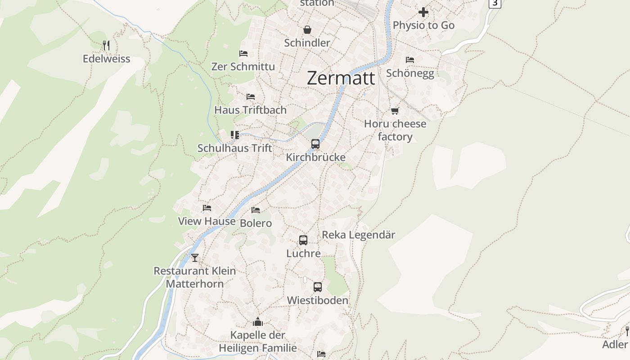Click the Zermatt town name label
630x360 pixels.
(341, 78)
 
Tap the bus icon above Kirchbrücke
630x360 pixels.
(315, 144)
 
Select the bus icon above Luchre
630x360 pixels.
(303, 240)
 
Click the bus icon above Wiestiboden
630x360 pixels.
(318, 287)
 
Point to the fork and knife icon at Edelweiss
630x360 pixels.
(106, 45)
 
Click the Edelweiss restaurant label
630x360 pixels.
(107, 58)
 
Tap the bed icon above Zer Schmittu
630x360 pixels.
(243, 54)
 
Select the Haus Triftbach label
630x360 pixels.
(250, 110)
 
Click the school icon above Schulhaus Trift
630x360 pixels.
(234, 135)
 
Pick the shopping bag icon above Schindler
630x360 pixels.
(307, 30)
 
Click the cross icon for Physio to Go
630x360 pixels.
(423, 12)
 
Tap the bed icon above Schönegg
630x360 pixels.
(409, 59)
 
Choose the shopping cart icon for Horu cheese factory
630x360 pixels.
(395, 111)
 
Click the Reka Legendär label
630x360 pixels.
(359, 234)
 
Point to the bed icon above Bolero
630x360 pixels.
(256, 210)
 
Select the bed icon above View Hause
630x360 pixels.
(207, 208)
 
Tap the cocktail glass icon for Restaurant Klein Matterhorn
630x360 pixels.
(195, 258)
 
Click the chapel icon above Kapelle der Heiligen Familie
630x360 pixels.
(258, 322)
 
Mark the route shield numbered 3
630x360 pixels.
(495, 3)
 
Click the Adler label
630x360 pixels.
(615, 344)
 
